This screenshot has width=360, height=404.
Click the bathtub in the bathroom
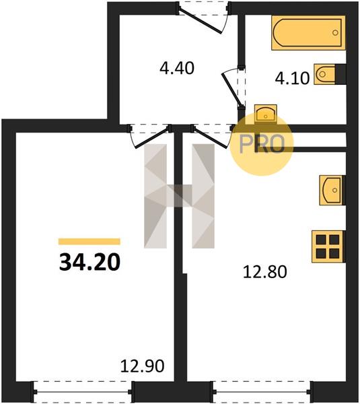click(308, 33)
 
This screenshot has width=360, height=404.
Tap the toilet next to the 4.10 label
click(325, 74)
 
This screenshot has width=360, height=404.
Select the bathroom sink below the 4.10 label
click(266, 113)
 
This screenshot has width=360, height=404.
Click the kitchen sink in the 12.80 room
click(332, 190)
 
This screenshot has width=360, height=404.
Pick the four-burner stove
click(328, 246)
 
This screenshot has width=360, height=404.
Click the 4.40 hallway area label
click(177, 68)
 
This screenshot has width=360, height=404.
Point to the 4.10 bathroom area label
click(292, 78)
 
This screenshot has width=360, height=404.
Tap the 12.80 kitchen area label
click(265, 272)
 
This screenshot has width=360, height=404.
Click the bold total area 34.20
click(89, 262)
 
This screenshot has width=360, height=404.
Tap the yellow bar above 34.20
click(89, 242)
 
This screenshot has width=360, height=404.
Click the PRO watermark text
click(262, 144)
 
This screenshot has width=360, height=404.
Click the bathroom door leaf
click(232, 90)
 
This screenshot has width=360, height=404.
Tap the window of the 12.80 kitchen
click(262, 392)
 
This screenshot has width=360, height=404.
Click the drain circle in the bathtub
click(335, 33)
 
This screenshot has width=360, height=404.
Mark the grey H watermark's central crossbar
click(179, 196)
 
